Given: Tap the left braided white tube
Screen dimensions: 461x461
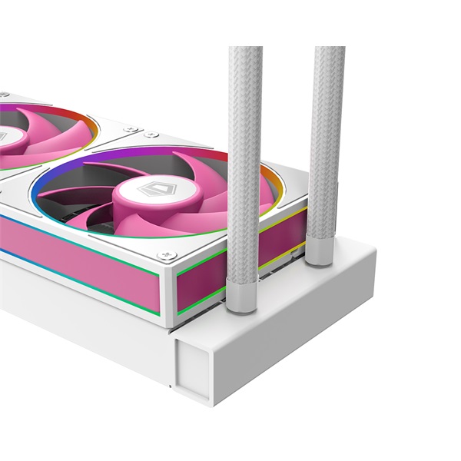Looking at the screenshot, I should (245, 154).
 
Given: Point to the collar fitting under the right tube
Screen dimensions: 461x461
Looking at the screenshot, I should (319, 254).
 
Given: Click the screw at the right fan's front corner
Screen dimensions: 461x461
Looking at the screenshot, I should (162, 256).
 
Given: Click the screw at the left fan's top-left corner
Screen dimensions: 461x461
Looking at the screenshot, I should (4, 96).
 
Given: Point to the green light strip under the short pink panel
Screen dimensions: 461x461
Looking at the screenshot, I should (196, 308).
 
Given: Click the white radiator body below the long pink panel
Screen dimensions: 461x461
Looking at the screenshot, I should (77, 315).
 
